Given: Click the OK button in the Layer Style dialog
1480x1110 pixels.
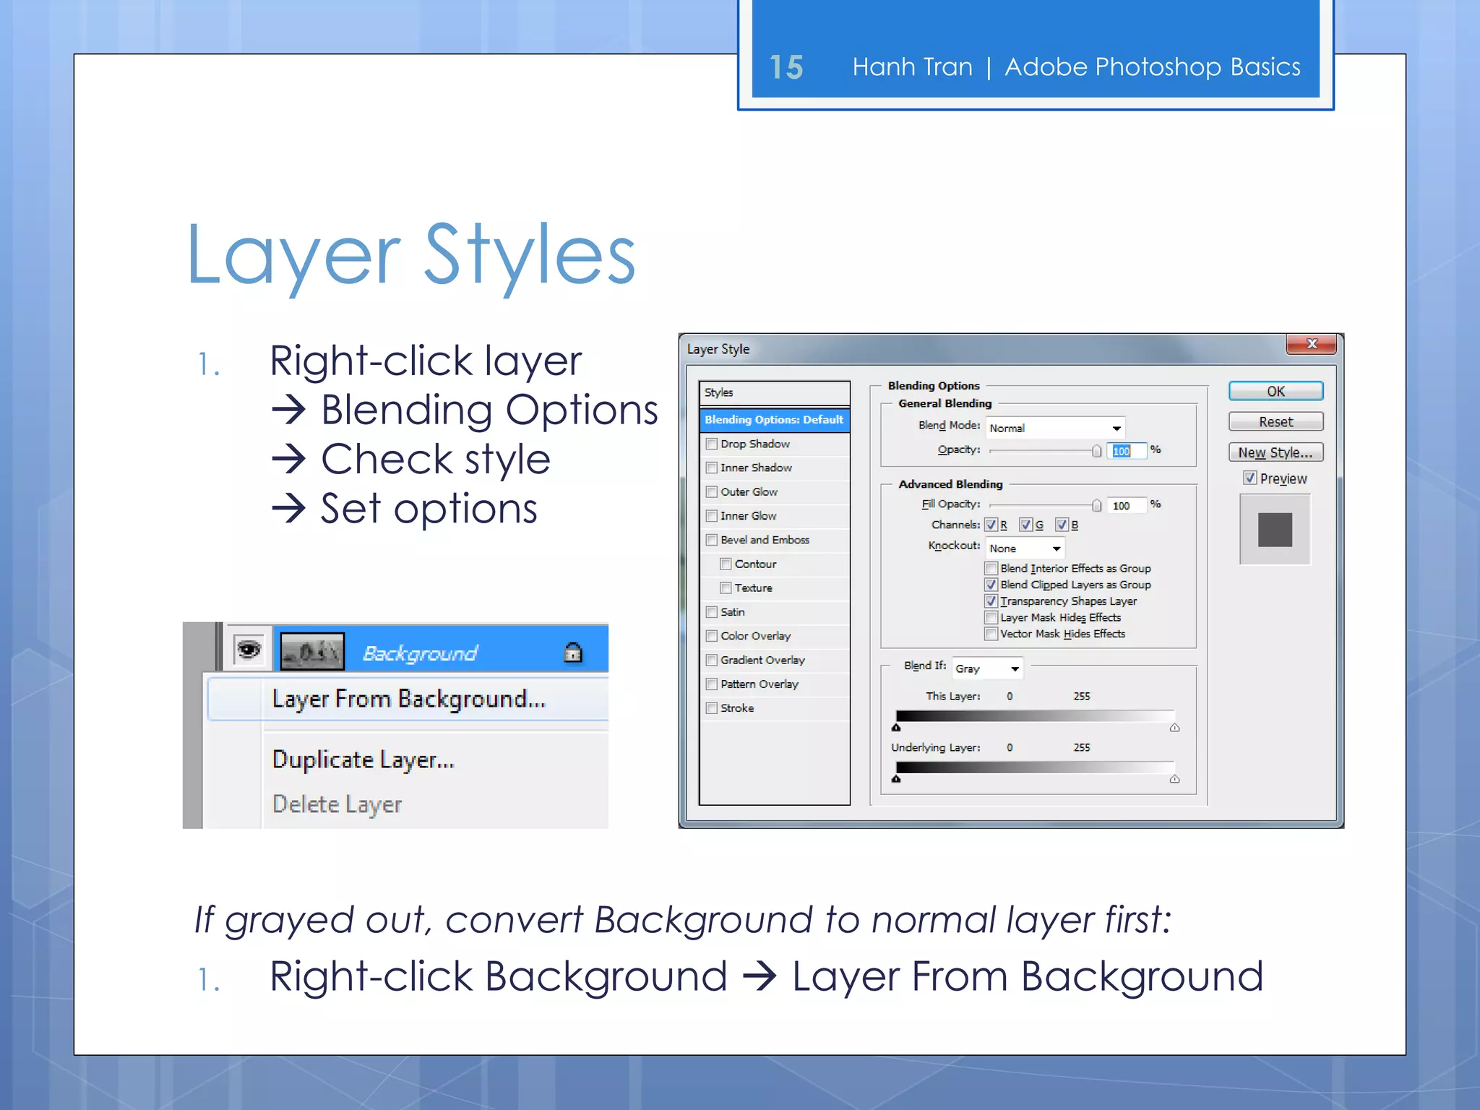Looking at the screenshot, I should click(x=1275, y=391).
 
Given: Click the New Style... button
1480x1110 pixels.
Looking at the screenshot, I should click(x=1275, y=452).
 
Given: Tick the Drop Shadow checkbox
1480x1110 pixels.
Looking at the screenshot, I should click(x=712, y=444).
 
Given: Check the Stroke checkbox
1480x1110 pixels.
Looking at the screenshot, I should click(x=712, y=708).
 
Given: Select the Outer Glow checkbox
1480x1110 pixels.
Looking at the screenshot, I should click(x=712, y=492).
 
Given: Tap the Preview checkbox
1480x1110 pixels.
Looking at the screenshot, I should click(x=1249, y=478).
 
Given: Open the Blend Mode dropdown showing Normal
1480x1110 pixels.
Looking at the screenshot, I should click(x=1055, y=428).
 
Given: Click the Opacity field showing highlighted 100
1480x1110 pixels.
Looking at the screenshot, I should click(x=1124, y=451).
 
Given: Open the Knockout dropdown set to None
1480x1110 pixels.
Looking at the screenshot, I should click(x=1025, y=548).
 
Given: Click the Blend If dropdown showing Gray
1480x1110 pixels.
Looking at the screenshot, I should click(x=987, y=668).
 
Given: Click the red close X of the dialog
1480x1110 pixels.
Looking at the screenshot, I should click(x=1312, y=344).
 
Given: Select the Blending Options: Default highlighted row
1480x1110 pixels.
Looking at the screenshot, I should click(x=774, y=420).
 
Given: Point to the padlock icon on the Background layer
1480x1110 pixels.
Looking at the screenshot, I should click(x=573, y=653).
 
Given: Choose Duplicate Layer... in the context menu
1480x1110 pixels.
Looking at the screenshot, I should click(x=363, y=760).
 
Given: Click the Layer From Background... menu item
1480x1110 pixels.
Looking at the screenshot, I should click(x=408, y=699).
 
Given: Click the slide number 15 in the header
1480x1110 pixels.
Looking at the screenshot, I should click(x=786, y=67).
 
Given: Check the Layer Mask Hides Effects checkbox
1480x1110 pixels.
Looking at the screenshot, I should click(x=991, y=618).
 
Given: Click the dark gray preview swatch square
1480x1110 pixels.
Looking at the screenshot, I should click(x=1275, y=530).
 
